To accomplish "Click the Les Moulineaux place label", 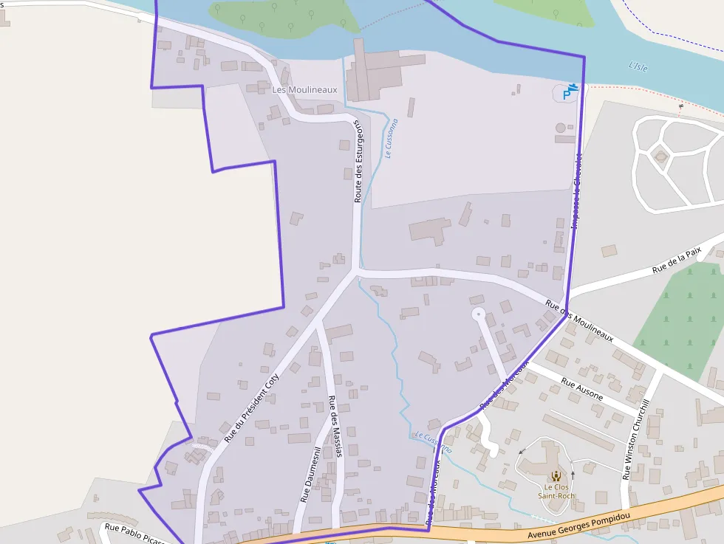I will (304, 90).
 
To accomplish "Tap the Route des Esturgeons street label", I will (359, 162).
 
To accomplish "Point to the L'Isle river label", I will (638, 66).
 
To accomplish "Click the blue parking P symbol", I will (567, 93).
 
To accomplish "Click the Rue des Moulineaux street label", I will (579, 319).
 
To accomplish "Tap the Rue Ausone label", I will (582, 389).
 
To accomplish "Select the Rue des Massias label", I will (335, 427).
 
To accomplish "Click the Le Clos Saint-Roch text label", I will (559, 492).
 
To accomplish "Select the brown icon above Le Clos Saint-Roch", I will (556, 475).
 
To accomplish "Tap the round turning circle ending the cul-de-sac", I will (479, 314).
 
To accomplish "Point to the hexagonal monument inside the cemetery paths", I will (660, 156).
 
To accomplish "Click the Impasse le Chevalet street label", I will (576, 190).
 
